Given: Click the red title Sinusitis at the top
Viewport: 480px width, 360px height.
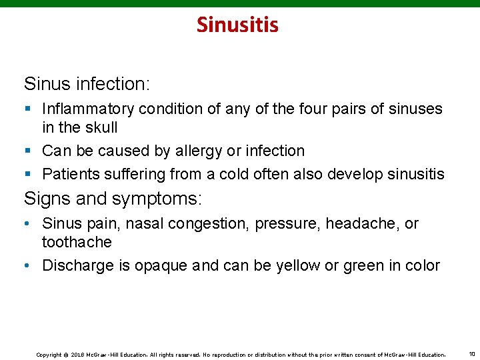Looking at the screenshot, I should (x=237, y=25).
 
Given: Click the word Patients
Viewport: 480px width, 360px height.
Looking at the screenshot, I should (x=71, y=175).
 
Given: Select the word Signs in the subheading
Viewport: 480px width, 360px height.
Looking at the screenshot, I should (x=45, y=199).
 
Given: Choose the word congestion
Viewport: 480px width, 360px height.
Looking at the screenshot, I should (x=208, y=223).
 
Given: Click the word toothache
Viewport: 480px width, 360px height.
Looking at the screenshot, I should (x=77, y=241).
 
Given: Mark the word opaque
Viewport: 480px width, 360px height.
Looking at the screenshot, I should (x=161, y=265).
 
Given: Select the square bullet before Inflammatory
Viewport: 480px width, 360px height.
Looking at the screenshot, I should (x=27, y=109).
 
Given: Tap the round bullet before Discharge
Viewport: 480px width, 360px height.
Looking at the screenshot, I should (x=27, y=265).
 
